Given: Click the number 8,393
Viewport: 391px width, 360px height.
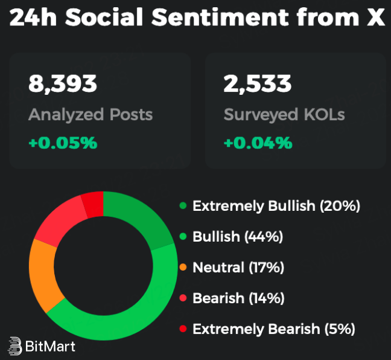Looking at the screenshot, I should (63, 84).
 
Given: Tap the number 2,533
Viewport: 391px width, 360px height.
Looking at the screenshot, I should (258, 84).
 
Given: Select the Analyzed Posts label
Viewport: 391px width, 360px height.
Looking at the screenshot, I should (91, 114).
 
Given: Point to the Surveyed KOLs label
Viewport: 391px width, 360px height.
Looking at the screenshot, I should (284, 114).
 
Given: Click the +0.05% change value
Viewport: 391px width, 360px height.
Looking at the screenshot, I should (63, 143).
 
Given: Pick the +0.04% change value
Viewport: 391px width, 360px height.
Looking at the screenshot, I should (258, 143).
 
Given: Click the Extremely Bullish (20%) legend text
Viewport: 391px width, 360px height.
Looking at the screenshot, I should (276, 206).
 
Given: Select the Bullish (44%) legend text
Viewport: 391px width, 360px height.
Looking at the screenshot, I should (238, 237).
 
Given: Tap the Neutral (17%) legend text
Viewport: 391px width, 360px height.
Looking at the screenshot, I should (238, 267).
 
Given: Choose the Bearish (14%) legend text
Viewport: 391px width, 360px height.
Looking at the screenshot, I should (238, 298).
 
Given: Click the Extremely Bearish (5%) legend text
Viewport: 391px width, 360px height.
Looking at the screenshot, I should (273, 329).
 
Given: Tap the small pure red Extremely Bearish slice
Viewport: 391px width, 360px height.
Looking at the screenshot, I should (93, 204).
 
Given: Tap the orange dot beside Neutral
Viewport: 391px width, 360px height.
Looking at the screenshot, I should (182, 267).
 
